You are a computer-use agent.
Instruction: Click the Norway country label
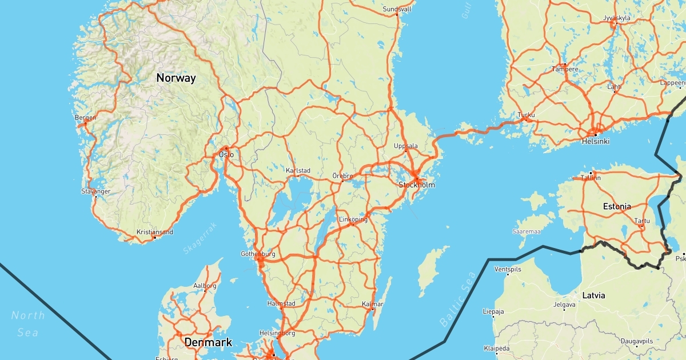176,78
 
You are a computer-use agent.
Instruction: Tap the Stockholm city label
417,185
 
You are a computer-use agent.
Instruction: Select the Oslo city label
226,154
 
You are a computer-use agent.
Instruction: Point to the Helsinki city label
596,141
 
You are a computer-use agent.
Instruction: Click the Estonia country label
617,206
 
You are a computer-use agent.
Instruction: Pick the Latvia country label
593,295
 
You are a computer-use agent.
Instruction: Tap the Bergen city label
85,118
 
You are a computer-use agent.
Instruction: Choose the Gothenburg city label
259,253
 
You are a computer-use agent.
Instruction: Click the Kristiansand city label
154,232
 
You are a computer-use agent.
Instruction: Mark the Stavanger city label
95,191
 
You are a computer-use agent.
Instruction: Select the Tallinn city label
591,178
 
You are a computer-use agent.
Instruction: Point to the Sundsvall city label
397,9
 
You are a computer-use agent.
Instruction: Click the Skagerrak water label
201,238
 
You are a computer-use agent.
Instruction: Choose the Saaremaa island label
527,231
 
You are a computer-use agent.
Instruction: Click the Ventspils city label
508,269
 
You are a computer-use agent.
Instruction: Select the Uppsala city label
406,146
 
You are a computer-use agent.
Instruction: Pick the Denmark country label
208,342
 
